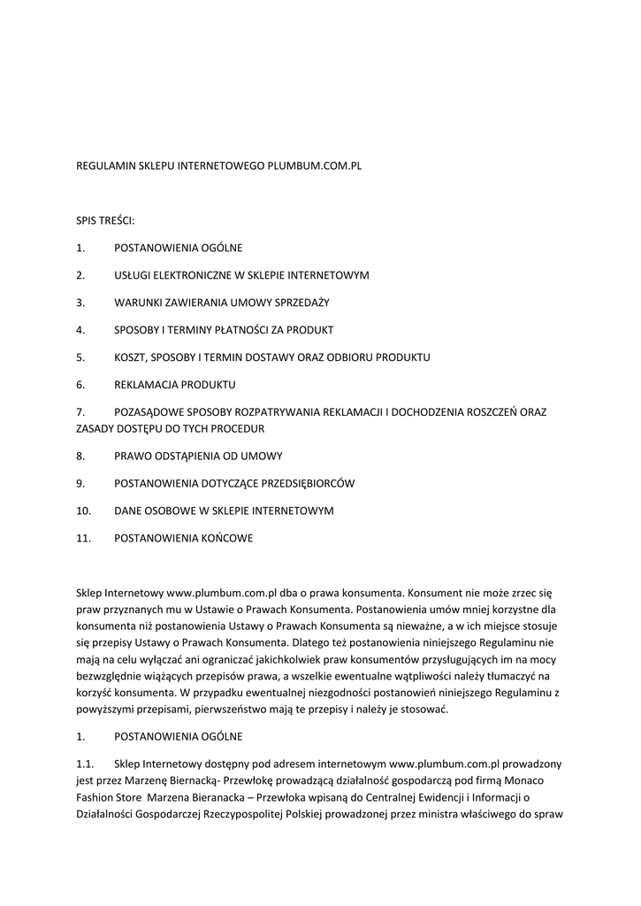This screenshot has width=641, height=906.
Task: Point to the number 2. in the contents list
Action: tap(80, 275)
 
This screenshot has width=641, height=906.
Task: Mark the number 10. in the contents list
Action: tap(84, 511)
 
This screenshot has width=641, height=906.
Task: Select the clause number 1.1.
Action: tap(86, 764)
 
